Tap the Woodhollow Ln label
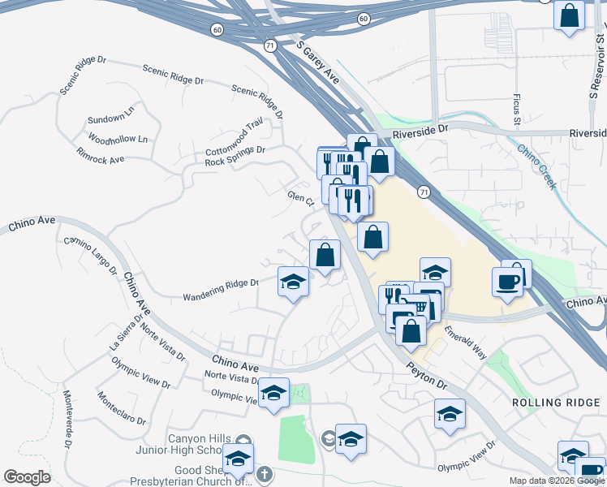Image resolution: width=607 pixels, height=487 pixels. click(118, 139)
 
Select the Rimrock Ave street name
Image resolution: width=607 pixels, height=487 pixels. click(100, 154)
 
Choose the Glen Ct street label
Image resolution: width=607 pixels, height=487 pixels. click(299, 200)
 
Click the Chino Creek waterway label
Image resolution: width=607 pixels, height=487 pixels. click(537, 164)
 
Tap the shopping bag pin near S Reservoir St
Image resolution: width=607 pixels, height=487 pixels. click(570, 15)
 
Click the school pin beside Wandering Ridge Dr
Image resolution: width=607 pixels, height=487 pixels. click(293, 282)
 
